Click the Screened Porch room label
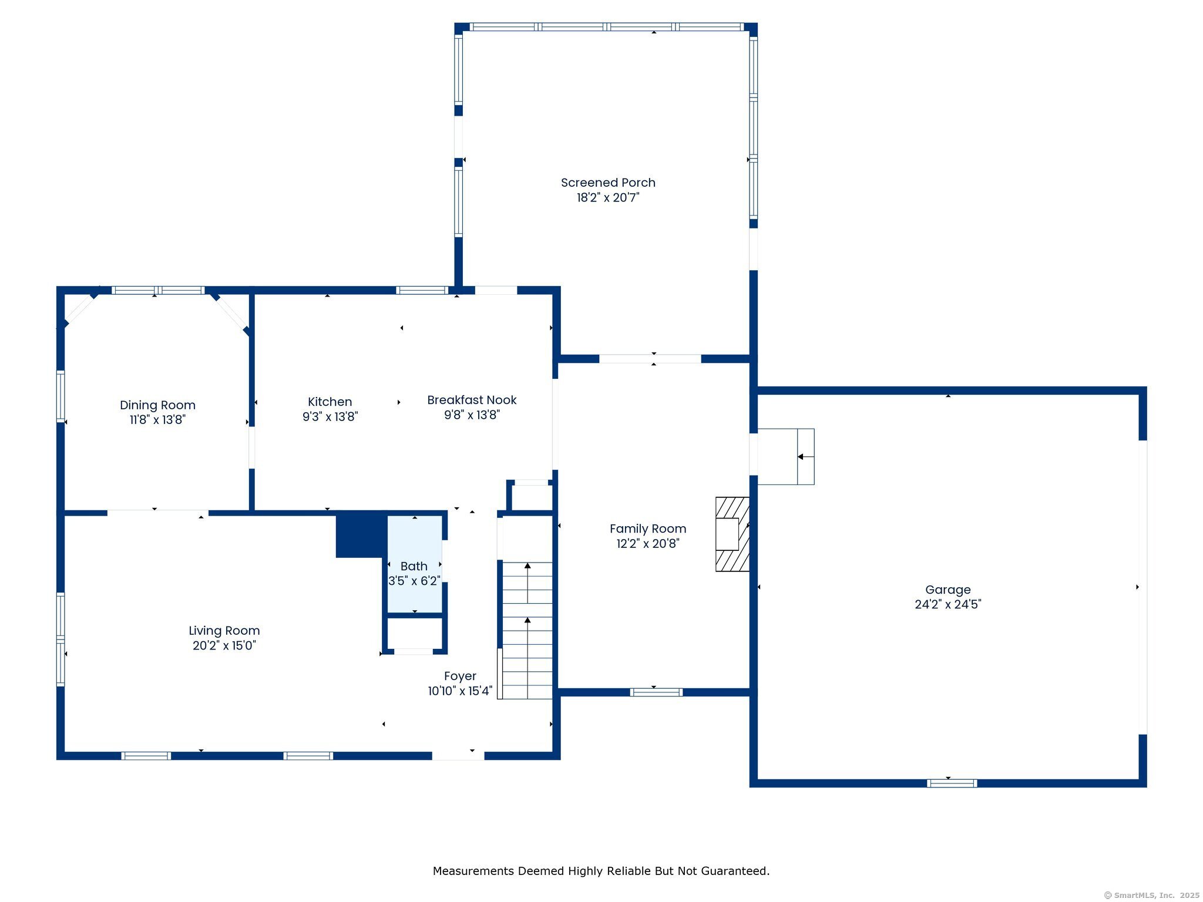[x=608, y=183]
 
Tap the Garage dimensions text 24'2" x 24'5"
[x=947, y=604]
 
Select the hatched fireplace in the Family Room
[x=732, y=534]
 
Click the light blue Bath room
[x=414, y=564]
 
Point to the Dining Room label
[x=157, y=405]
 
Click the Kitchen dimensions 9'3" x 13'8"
[x=330, y=416]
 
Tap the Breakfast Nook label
[x=472, y=400]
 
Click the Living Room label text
[x=224, y=630]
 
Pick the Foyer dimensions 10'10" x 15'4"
[x=460, y=691]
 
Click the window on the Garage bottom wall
[x=952, y=783]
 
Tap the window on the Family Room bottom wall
[x=656, y=692]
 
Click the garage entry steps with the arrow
[x=786, y=456]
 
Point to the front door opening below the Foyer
[x=458, y=755]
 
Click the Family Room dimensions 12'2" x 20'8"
[x=647, y=543]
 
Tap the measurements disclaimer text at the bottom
[x=601, y=871]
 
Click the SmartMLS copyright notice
[x=1151, y=895]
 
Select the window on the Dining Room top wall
[x=158, y=290]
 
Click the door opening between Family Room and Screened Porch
[x=650, y=358]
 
